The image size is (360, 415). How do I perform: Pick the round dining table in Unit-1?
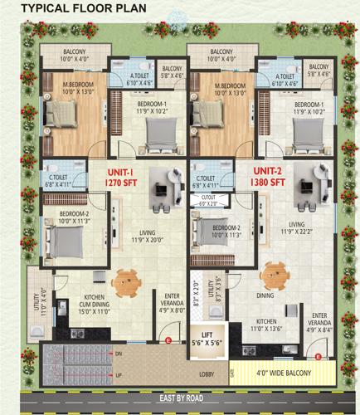click(128, 281)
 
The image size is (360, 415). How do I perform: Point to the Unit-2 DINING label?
click(265, 295)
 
